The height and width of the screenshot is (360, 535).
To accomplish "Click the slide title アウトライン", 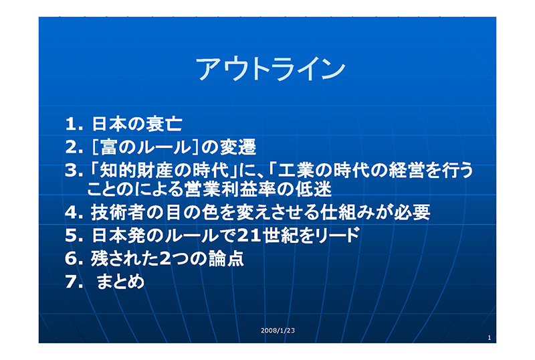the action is (x=270, y=69).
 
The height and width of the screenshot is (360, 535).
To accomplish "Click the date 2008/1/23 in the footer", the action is (x=278, y=331).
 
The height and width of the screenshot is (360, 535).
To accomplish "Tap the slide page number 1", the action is (x=490, y=338).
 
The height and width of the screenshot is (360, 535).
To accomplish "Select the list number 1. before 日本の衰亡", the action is (x=74, y=124).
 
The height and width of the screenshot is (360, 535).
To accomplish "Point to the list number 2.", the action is (x=74, y=147).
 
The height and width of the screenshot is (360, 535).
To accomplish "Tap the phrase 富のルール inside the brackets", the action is (x=146, y=147).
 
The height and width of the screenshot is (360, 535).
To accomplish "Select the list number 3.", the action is (x=74, y=171).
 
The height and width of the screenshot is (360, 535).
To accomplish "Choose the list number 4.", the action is (x=74, y=212).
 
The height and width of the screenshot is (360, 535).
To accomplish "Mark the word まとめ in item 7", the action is (x=120, y=282).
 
